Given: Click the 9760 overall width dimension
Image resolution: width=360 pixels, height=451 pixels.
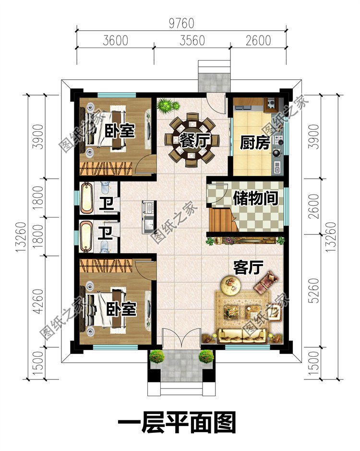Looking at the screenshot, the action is pos(181,24).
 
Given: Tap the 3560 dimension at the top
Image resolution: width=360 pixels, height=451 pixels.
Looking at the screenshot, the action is pos(192,40).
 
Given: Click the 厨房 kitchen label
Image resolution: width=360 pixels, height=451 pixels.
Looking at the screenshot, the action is pos(255,143).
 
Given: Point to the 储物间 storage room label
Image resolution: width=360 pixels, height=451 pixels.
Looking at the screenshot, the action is pos(255,198).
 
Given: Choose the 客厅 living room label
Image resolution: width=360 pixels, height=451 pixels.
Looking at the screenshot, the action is pos(248,268).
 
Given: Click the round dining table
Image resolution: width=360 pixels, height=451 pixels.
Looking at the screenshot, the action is pos(190,140).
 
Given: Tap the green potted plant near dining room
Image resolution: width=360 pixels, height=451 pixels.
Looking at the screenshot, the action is pos(168,105).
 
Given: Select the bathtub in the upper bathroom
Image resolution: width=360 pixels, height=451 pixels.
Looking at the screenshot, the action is pos(87,197).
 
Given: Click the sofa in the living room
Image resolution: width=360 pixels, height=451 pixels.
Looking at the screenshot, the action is pos(242,336).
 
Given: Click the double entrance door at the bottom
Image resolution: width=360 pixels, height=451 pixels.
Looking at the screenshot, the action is pos(181,340).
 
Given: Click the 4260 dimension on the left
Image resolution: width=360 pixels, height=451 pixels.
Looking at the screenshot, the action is pos(38,302).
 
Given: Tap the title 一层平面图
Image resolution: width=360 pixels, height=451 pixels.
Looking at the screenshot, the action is pos(177,423).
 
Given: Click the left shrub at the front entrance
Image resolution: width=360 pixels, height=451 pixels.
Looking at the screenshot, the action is pos(156,357).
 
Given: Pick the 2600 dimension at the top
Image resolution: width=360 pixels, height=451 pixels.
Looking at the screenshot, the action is pos(258,40).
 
